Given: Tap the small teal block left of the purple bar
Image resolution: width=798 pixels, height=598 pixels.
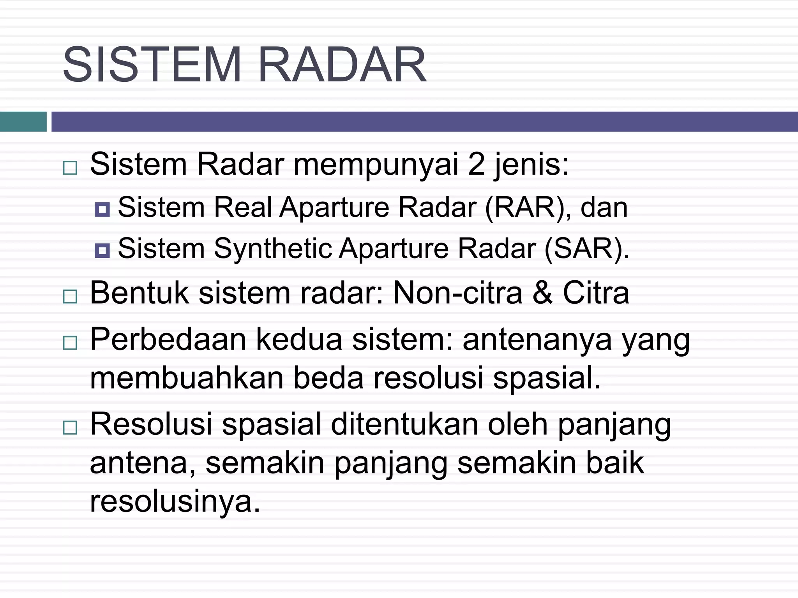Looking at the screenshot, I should click(x=23, y=121).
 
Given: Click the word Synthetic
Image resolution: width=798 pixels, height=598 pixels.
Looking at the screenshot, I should click(x=273, y=248).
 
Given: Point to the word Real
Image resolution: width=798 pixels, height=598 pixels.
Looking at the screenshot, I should click(x=242, y=207).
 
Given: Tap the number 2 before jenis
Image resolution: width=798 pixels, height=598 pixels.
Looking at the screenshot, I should click(x=476, y=164).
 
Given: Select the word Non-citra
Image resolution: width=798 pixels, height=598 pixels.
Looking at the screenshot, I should click(x=457, y=293).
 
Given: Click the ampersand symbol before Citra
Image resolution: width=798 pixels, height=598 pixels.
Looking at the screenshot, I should click(x=542, y=293).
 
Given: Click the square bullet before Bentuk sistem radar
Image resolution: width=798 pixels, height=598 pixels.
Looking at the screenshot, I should click(x=70, y=297).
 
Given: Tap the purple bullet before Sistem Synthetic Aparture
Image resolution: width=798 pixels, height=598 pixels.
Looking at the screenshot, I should click(x=102, y=250).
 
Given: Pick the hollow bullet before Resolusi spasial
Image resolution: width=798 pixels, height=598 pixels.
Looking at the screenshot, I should click(x=70, y=427).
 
